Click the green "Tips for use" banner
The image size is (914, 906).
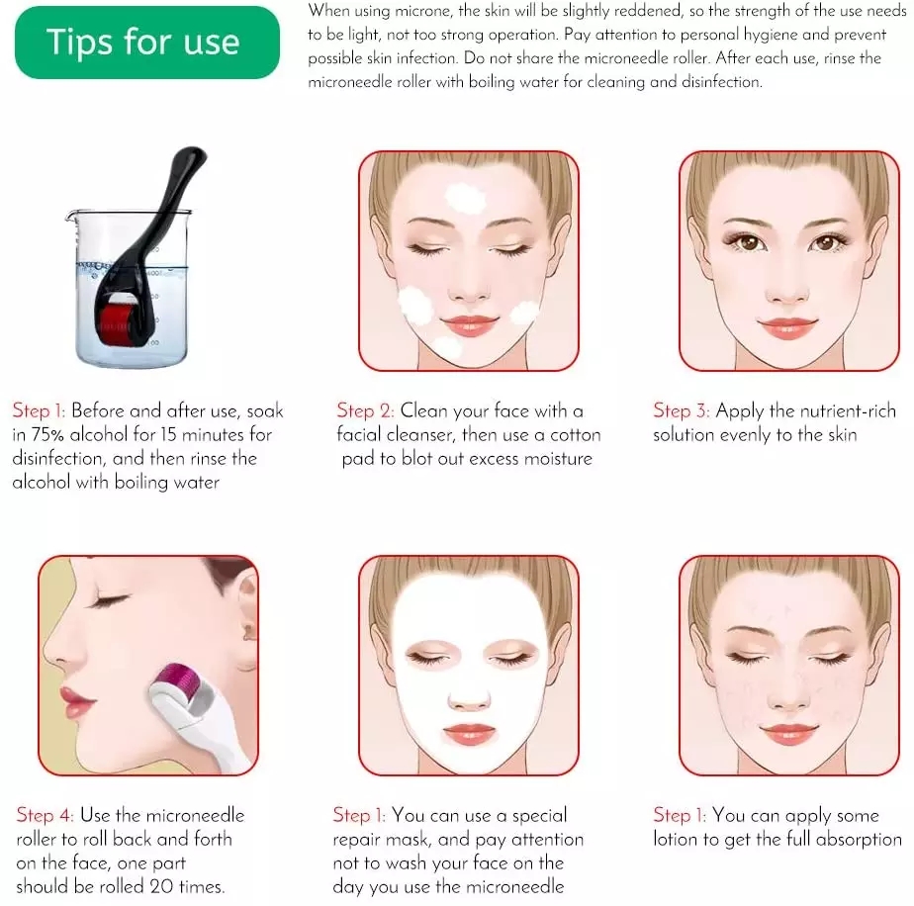point(142,43)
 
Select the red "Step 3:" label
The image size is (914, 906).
point(681,410)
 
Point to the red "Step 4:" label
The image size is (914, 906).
point(46,816)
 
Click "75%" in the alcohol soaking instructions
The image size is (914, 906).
point(48,435)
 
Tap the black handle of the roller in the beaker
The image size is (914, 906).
point(164,194)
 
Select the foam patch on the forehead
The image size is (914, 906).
point(464,196)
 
